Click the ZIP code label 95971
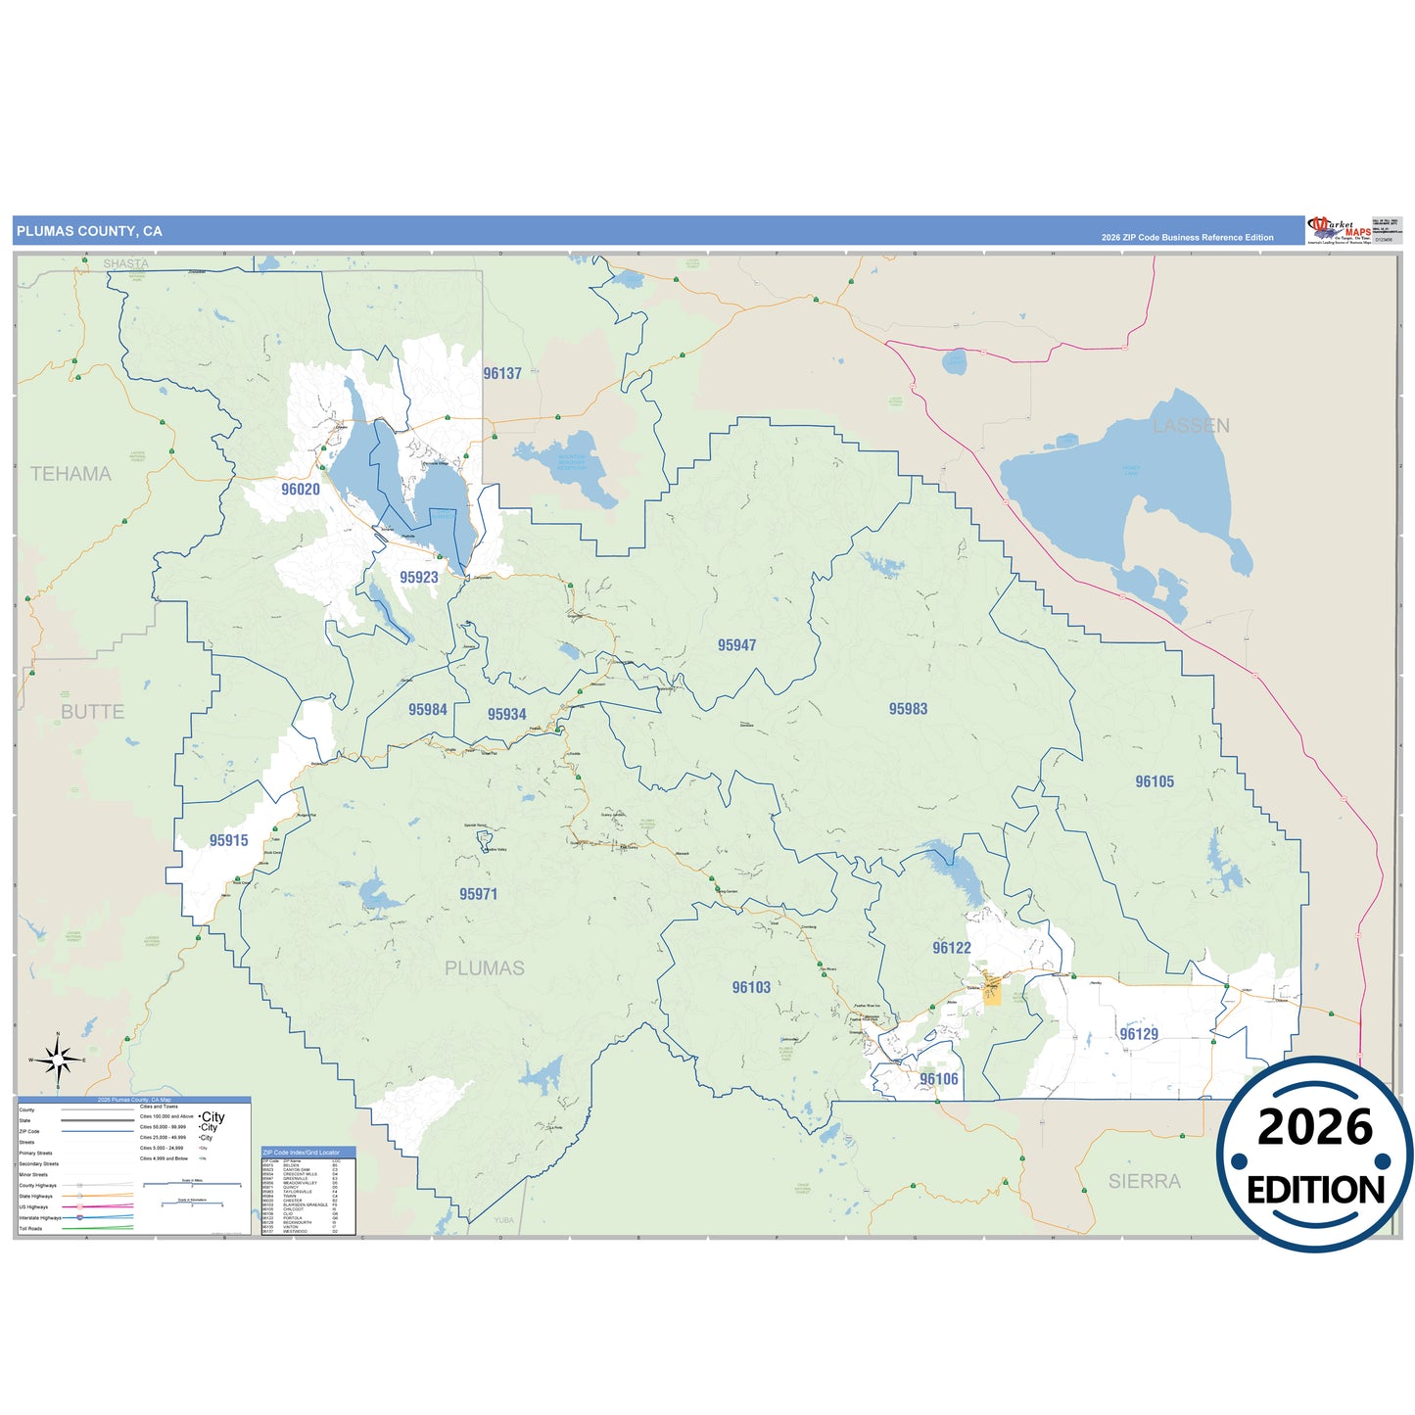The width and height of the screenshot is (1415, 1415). pyautogui.click(x=478, y=894)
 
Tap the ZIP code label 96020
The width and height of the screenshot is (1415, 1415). pyautogui.click(x=300, y=490)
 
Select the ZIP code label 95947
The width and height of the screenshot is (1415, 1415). pyautogui.click(x=736, y=645)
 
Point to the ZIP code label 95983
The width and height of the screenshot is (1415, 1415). pyautogui.click(x=908, y=709)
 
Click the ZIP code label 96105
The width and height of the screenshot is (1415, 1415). pyautogui.click(x=1155, y=781)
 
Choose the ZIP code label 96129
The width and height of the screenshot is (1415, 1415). pyautogui.click(x=1139, y=1034)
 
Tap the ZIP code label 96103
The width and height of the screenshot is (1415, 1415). pyautogui.click(x=751, y=987)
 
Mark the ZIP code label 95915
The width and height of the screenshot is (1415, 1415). pyautogui.click(x=228, y=840)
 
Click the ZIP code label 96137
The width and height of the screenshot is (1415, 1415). pyautogui.click(x=502, y=373)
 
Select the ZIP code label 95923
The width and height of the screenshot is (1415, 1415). pyautogui.click(x=418, y=578)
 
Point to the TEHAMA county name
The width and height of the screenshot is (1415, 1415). pyautogui.click(x=71, y=474)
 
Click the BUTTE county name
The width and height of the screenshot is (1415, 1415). pyautogui.click(x=92, y=712)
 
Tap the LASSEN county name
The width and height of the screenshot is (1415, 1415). pyautogui.click(x=1191, y=426)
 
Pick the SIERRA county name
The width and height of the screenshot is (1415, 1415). pyautogui.click(x=1144, y=1182)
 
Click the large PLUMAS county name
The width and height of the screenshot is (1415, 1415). pyautogui.click(x=484, y=968)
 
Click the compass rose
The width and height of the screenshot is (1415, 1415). pyautogui.click(x=58, y=1060)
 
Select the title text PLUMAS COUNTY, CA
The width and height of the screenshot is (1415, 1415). pyautogui.click(x=89, y=231)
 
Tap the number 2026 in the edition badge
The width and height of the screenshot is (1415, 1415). pyautogui.click(x=1315, y=1127)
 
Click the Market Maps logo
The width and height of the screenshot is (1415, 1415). pyautogui.click(x=1339, y=230)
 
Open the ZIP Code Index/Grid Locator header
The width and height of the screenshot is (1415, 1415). pyautogui.click(x=307, y=1153)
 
